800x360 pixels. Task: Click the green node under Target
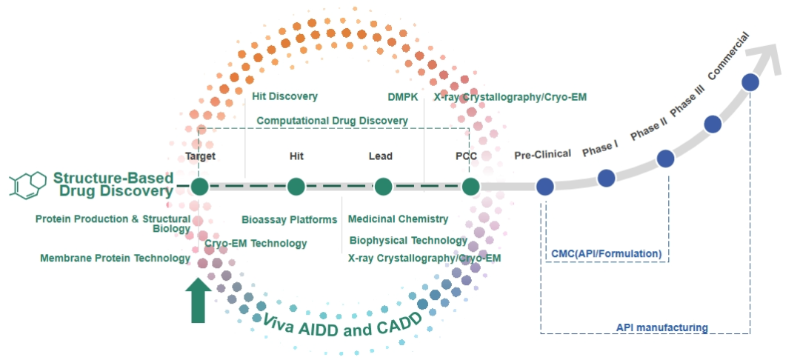click(198, 187)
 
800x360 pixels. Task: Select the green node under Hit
click(296, 187)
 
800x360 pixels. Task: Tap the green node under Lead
click(383, 187)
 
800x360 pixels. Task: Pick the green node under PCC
click(471, 187)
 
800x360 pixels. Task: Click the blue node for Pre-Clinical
click(545, 187)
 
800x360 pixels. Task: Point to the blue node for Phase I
click(606, 177)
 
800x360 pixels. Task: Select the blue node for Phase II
click(665, 158)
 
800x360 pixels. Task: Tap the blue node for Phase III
click(713, 124)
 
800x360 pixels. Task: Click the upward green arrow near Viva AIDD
click(198, 299)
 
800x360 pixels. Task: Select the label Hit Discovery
click(284, 96)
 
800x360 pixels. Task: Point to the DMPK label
click(402, 96)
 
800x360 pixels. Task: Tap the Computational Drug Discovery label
click(332, 120)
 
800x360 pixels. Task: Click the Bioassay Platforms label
click(290, 219)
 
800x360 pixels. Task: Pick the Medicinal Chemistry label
click(398, 219)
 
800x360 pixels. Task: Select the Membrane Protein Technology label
click(115, 258)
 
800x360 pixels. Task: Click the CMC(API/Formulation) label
click(606, 253)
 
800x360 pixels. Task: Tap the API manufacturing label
click(661, 327)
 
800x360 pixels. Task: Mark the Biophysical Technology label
click(408, 240)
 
